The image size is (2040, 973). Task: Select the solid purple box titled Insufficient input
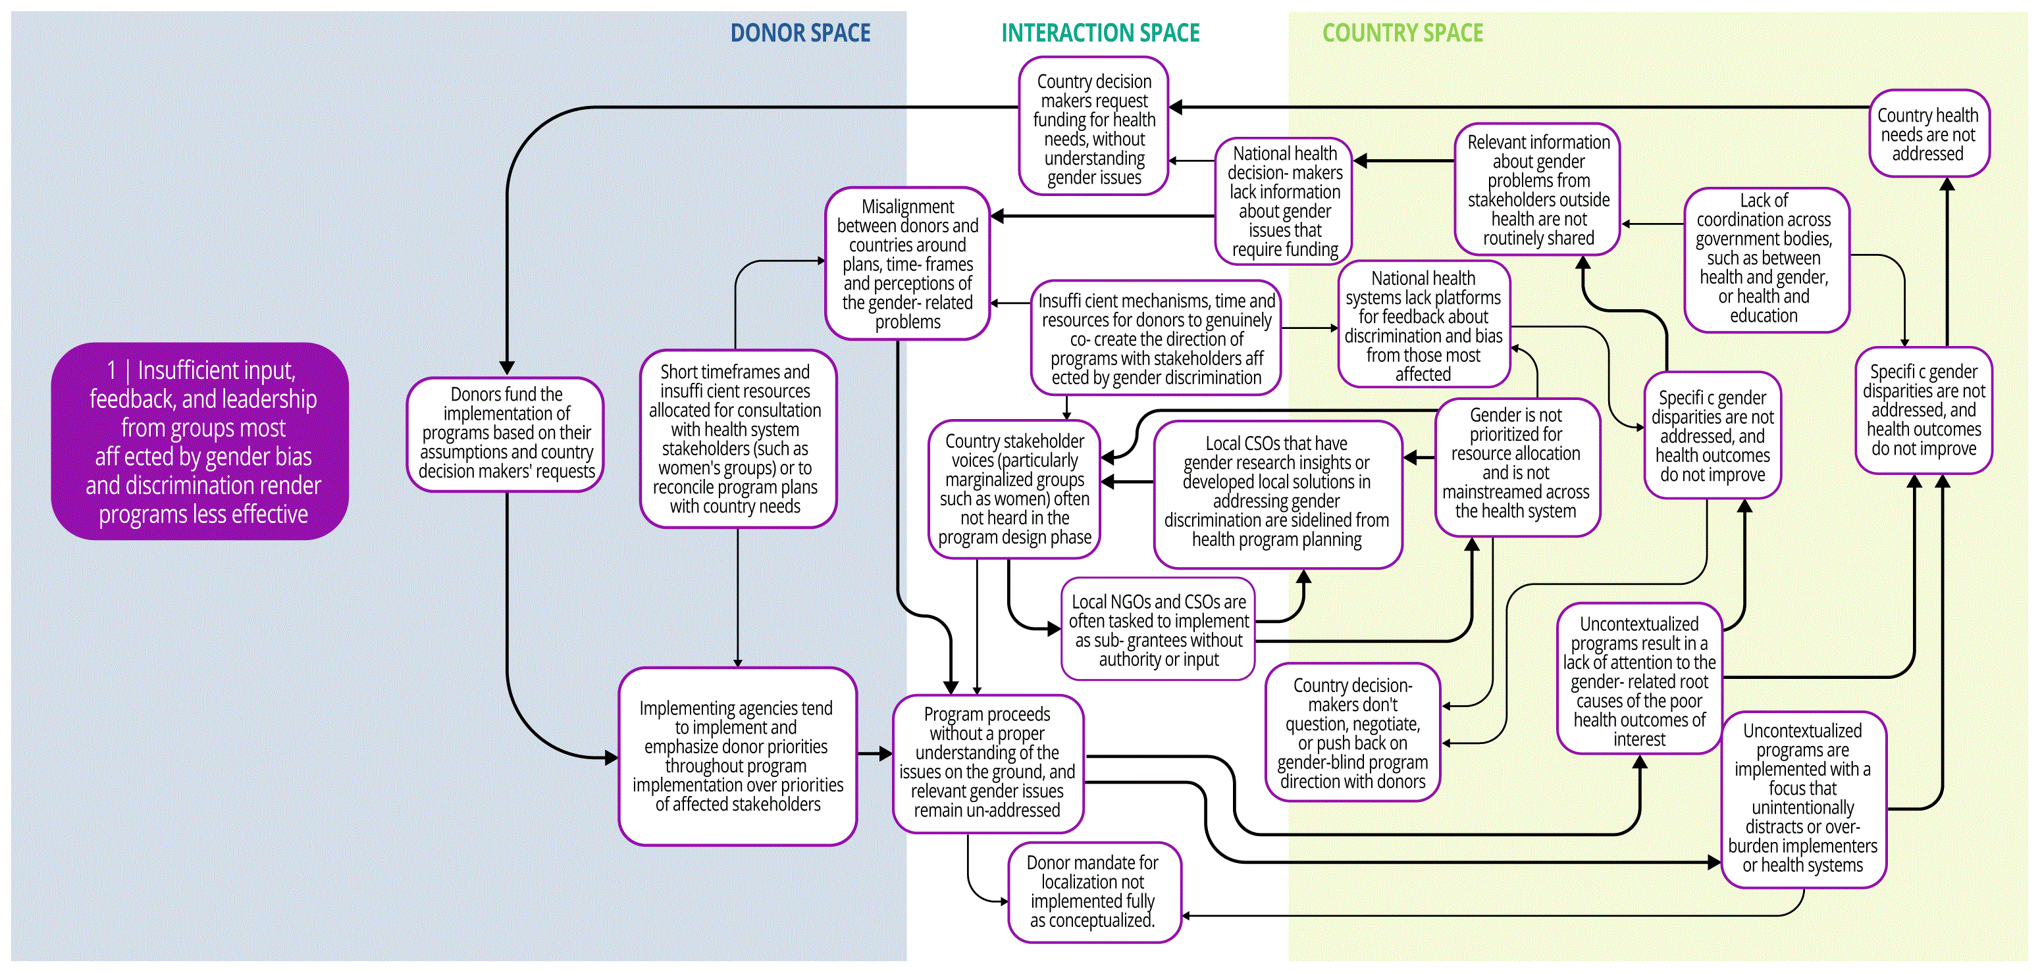point(200,441)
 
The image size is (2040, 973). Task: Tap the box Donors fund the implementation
point(506,433)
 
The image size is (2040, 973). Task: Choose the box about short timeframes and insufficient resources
point(737,439)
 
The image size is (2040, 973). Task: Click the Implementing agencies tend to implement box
point(737,756)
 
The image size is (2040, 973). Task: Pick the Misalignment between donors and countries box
point(908,264)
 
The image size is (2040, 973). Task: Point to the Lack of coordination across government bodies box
point(1766,259)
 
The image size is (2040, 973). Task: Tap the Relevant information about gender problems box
point(1537,189)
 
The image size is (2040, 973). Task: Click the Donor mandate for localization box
point(1093,891)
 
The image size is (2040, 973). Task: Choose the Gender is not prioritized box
point(1517,467)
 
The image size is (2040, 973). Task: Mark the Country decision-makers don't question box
point(1353,732)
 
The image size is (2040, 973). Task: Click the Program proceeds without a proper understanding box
point(987,762)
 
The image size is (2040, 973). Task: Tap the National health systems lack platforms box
point(1423,324)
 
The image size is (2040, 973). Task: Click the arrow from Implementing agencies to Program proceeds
point(875,754)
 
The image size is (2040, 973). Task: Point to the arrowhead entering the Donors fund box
point(507,369)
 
